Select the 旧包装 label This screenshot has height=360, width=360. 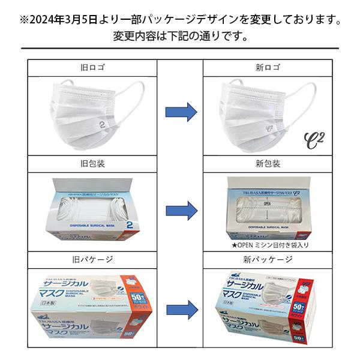[96, 164]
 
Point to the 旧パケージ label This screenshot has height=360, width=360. [96, 260]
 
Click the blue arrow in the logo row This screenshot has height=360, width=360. [181, 111]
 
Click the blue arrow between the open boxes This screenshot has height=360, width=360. [181, 210]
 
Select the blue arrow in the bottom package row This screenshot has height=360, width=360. [181, 310]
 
